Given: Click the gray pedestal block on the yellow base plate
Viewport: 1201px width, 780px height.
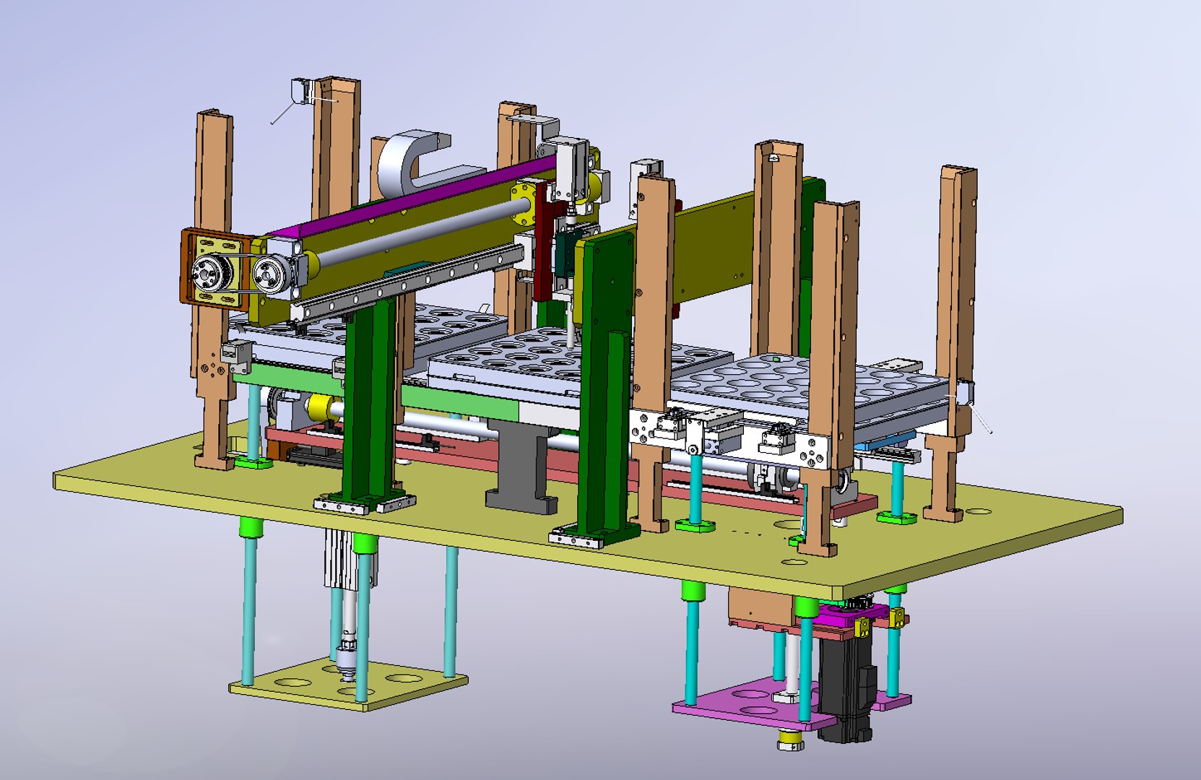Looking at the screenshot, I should pyautogui.click(x=521, y=469).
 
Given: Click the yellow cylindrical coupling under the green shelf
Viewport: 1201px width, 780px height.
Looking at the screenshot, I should pyautogui.click(x=318, y=407).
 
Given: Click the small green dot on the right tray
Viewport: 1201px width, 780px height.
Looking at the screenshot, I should pyautogui.click(x=776, y=357).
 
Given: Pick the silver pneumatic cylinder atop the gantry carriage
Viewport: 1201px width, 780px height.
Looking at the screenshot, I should pyautogui.click(x=571, y=166).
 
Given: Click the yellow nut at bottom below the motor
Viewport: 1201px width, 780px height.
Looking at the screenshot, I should pyautogui.click(x=790, y=741).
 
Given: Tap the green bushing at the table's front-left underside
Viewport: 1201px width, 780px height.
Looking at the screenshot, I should pyautogui.click(x=249, y=527).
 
